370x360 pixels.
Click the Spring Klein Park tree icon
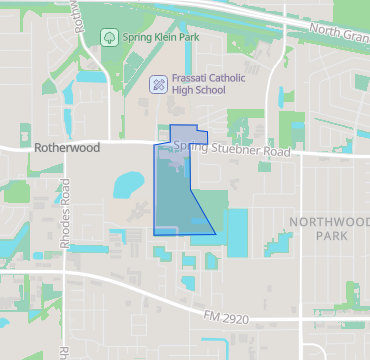(x=108, y=37)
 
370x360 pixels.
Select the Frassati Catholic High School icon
(x=157, y=84)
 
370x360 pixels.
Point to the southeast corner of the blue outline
(x=216, y=234)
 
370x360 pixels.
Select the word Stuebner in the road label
(x=235, y=152)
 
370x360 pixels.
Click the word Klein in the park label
(x=160, y=38)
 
